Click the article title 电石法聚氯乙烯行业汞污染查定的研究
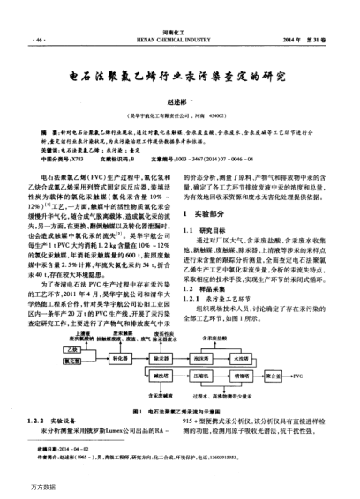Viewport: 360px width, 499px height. [180, 76]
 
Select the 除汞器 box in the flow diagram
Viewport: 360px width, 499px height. [161, 359]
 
